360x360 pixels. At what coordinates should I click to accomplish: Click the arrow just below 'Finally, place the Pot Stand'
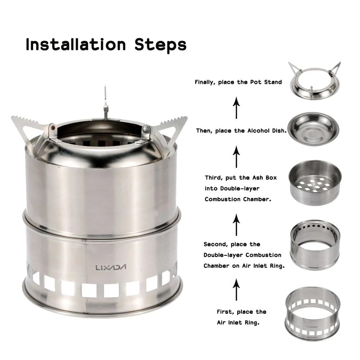236,108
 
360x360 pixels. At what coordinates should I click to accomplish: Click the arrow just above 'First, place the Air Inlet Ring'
236,289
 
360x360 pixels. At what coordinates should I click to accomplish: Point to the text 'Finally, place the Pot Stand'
238,82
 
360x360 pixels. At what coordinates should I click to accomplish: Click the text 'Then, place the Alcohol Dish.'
241,131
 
